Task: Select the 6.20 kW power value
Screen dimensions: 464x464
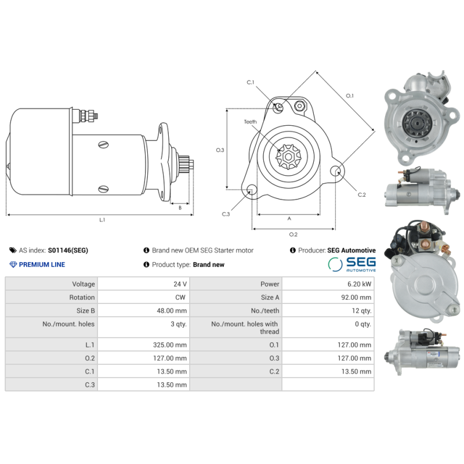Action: pyautogui.click(x=361, y=284)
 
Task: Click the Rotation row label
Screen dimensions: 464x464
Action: pyautogui.click(x=82, y=298)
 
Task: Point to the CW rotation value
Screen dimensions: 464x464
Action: pyautogui.click(x=181, y=298)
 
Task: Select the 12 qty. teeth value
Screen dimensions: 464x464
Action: pyautogui.click(x=361, y=311)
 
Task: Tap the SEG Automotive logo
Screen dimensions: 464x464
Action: pyautogui.click(x=352, y=264)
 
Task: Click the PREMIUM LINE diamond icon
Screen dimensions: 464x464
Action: pyautogui.click(x=13, y=264)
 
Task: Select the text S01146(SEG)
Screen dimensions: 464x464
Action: pyautogui.click(x=68, y=251)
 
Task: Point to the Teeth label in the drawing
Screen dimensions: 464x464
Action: pyautogui.click(x=250, y=122)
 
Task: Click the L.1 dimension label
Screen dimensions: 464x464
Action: pyautogui.click(x=102, y=220)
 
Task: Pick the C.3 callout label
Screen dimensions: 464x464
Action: pyautogui.click(x=226, y=214)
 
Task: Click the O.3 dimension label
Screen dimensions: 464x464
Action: pyautogui.click(x=220, y=150)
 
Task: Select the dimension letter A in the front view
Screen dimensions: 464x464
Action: pyautogui.click(x=289, y=219)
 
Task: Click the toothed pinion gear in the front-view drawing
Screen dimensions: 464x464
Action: pyautogui.click(x=287, y=156)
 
